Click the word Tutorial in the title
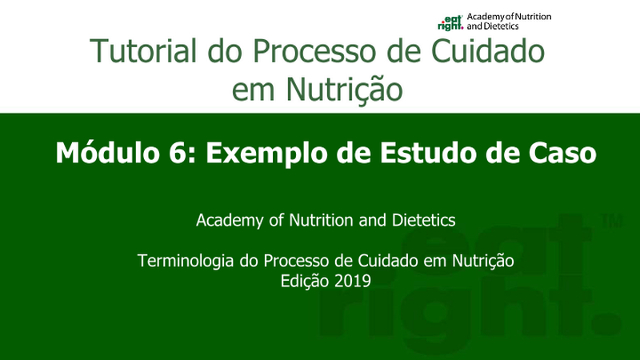pyautogui.click(x=143, y=50)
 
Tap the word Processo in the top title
pyautogui.click(x=314, y=50)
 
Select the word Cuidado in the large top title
pyautogui.click(x=488, y=50)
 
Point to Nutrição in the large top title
pyautogui.click(x=344, y=90)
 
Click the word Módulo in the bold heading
pyautogui.click(x=107, y=153)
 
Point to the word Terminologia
pyautogui.click(x=186, y=261)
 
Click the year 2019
pyautogui.click(x=352, y=281)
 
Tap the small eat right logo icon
pyautogui.click(x=450, y=22)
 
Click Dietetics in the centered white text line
pyautogui.click(x=424, y=220)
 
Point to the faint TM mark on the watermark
pyautogui.click(x=612, y=221)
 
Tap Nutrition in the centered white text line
pyautogui.click(x=322, y=220)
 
